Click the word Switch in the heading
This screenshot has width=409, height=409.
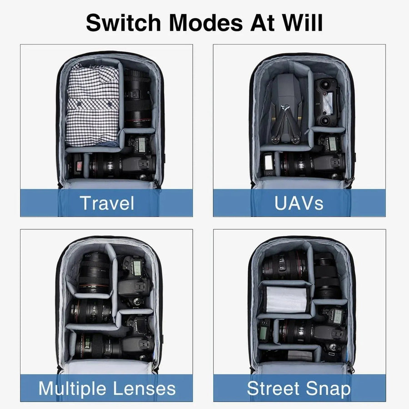[x=123, y=23]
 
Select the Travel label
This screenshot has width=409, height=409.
[x=107, y=203]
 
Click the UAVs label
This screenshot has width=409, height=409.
[x=299, y=203]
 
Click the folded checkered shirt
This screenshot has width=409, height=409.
[x=93, y=105]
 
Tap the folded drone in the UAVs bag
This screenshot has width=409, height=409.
[x=286, y=109]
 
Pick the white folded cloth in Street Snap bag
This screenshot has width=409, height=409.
[x=286, y=299]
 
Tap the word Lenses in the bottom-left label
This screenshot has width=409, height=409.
[x=145, y=389]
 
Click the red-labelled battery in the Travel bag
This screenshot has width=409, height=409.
[x=78, y=166]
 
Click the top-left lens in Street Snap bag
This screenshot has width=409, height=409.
[x=285, y=265]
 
